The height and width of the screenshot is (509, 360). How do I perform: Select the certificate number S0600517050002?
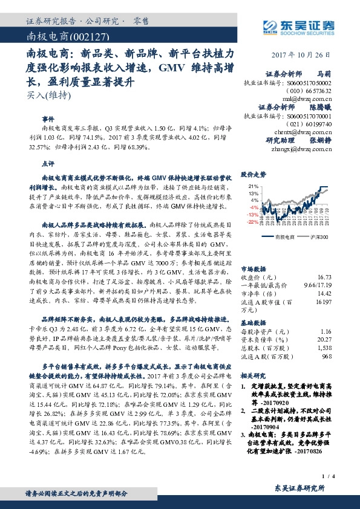[309, 81]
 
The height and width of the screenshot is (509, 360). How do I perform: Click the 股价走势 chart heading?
[254, 174]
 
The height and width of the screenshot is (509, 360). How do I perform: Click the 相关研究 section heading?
[254, 375]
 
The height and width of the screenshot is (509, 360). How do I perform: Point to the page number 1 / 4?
[329, 478]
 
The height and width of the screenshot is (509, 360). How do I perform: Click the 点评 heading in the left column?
[47, 163]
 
